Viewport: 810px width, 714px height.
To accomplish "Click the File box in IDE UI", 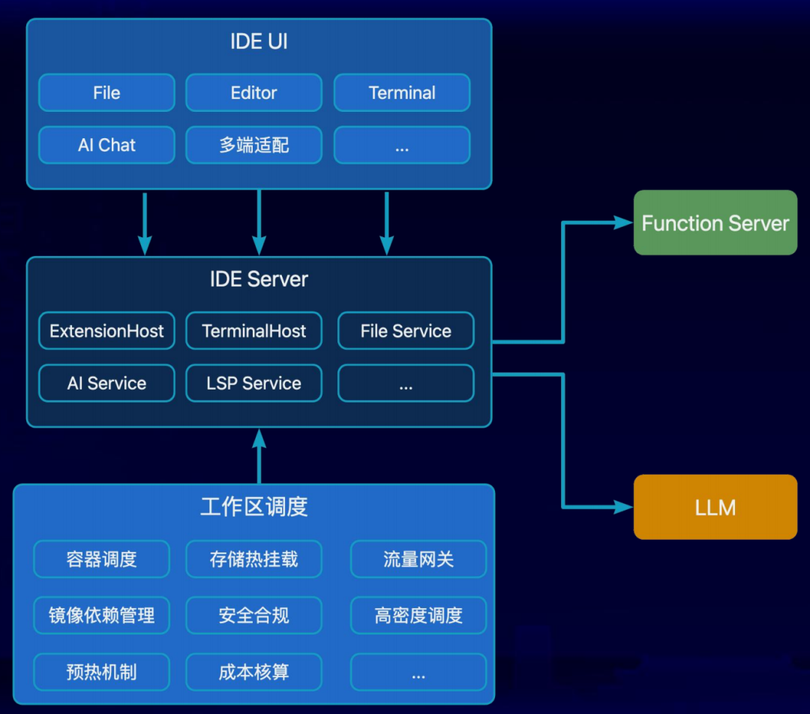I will (x=106, y=93).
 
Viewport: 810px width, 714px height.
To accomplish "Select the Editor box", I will (x=253, y=93).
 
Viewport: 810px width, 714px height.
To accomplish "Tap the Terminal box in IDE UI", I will (x=402, y=93).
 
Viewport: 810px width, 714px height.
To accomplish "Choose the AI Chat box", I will (x=106, y=145).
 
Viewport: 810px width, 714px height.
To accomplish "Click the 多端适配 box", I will (x=253, y=145).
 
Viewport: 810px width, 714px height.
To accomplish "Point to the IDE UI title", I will (x=259, y=41).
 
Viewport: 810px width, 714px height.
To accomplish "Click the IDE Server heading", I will (x=259, y=279).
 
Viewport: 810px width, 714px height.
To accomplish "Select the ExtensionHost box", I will (x=106, y=331).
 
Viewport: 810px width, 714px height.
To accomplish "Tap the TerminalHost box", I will (x=253, y=331).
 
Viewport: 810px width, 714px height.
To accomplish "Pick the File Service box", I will (x=406, y=331).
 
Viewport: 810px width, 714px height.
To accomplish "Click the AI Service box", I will (x=106, y=384).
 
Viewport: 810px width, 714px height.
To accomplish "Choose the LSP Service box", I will (x=253, y=384).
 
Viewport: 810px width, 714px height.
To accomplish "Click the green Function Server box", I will (x=715, y=223).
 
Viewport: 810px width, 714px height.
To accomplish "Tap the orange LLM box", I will (x=715, y=508).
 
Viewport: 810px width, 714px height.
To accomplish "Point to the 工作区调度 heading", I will (x=253, y=507).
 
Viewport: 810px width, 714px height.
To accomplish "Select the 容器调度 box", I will (x=101, y=559).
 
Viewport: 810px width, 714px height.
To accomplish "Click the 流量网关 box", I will (x=418, y=559).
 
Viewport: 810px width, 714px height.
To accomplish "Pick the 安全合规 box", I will (x=253, y=616).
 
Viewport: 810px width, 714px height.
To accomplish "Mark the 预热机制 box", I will (x=101, y=672).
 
